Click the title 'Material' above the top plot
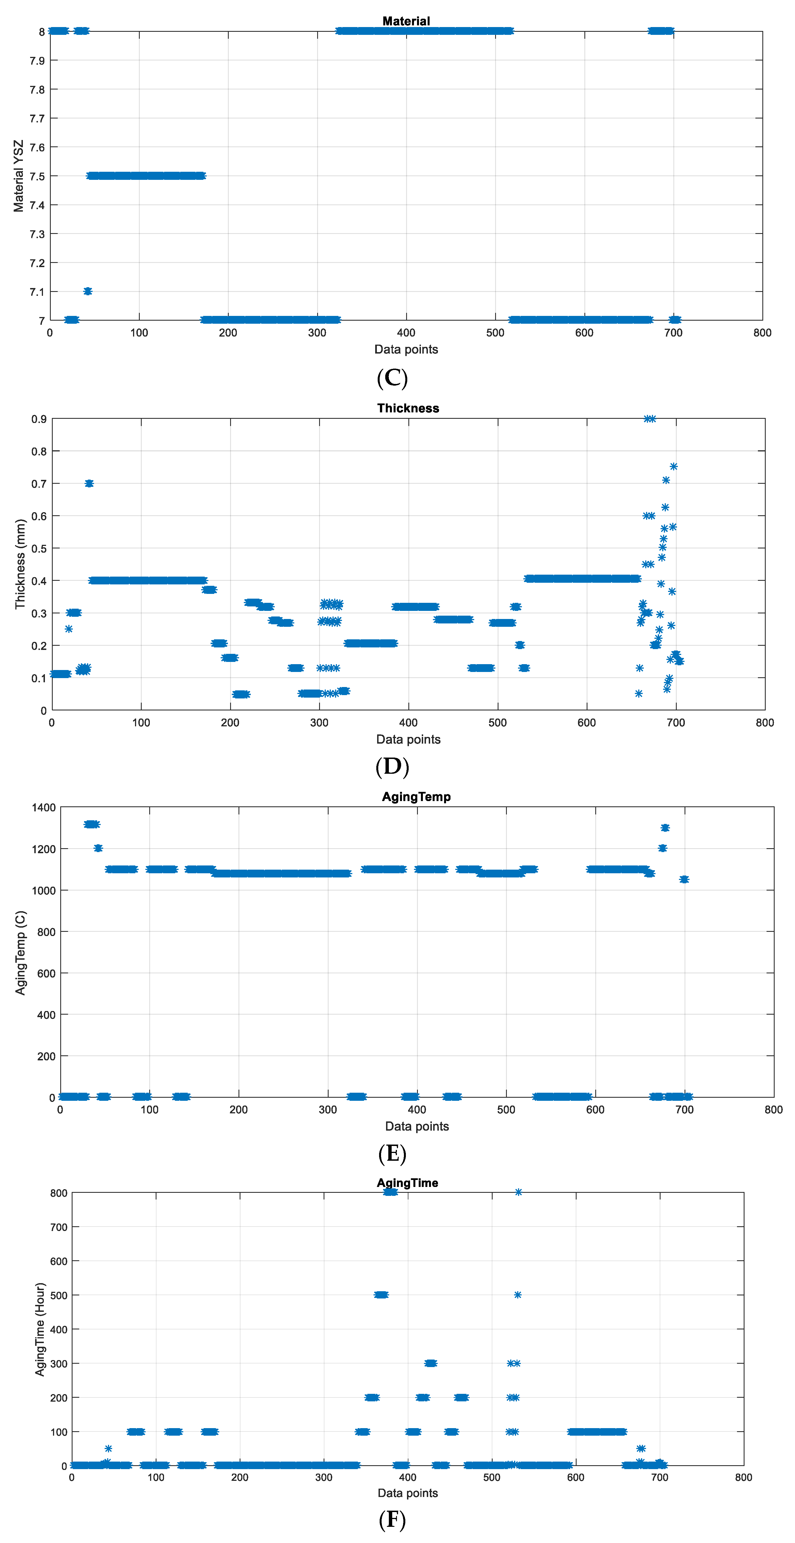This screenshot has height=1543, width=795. point(406,21)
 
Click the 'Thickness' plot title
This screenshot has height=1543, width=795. point(408,408)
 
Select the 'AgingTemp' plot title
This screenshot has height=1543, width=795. point(416,797)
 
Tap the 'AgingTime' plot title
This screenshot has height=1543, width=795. point(407,1183)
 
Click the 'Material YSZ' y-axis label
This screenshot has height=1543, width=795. point(19,176)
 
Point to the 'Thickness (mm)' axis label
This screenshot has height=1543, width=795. point(20,564)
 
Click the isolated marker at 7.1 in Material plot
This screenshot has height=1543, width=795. point(88,291)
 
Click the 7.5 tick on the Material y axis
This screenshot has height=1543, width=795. point(37,176)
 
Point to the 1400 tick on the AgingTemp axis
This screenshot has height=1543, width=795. point(44,807)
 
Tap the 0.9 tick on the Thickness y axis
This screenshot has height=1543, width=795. point(39,419)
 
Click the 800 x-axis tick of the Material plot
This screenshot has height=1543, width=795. point(762,333)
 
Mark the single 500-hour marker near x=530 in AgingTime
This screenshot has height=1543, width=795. point(518,1295)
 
